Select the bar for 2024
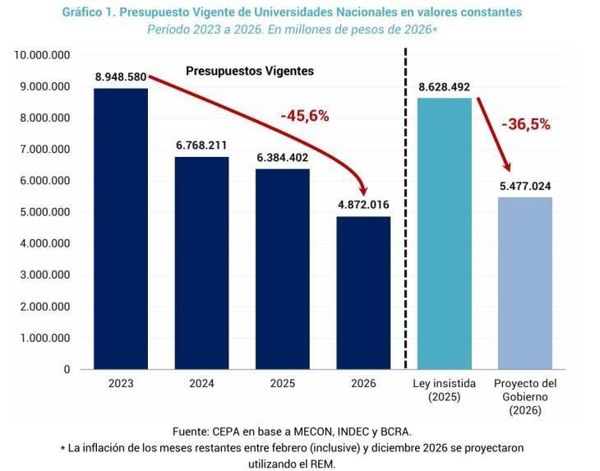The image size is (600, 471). tap(201, 263)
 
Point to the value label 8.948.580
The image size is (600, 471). tap(121, 77)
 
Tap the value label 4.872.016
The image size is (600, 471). tap(362, 205)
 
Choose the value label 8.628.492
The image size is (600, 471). tap(444, 87)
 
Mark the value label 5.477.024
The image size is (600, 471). tap(524, 186)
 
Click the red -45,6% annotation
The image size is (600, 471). tap(304, 117)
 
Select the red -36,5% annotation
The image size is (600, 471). tap(525, 125)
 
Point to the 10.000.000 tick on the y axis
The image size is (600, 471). tap(42, 55)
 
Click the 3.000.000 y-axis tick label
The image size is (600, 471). tap(44, 275)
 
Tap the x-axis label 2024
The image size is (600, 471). tap(201, 384)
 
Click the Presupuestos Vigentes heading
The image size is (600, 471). tap(249, 72)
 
